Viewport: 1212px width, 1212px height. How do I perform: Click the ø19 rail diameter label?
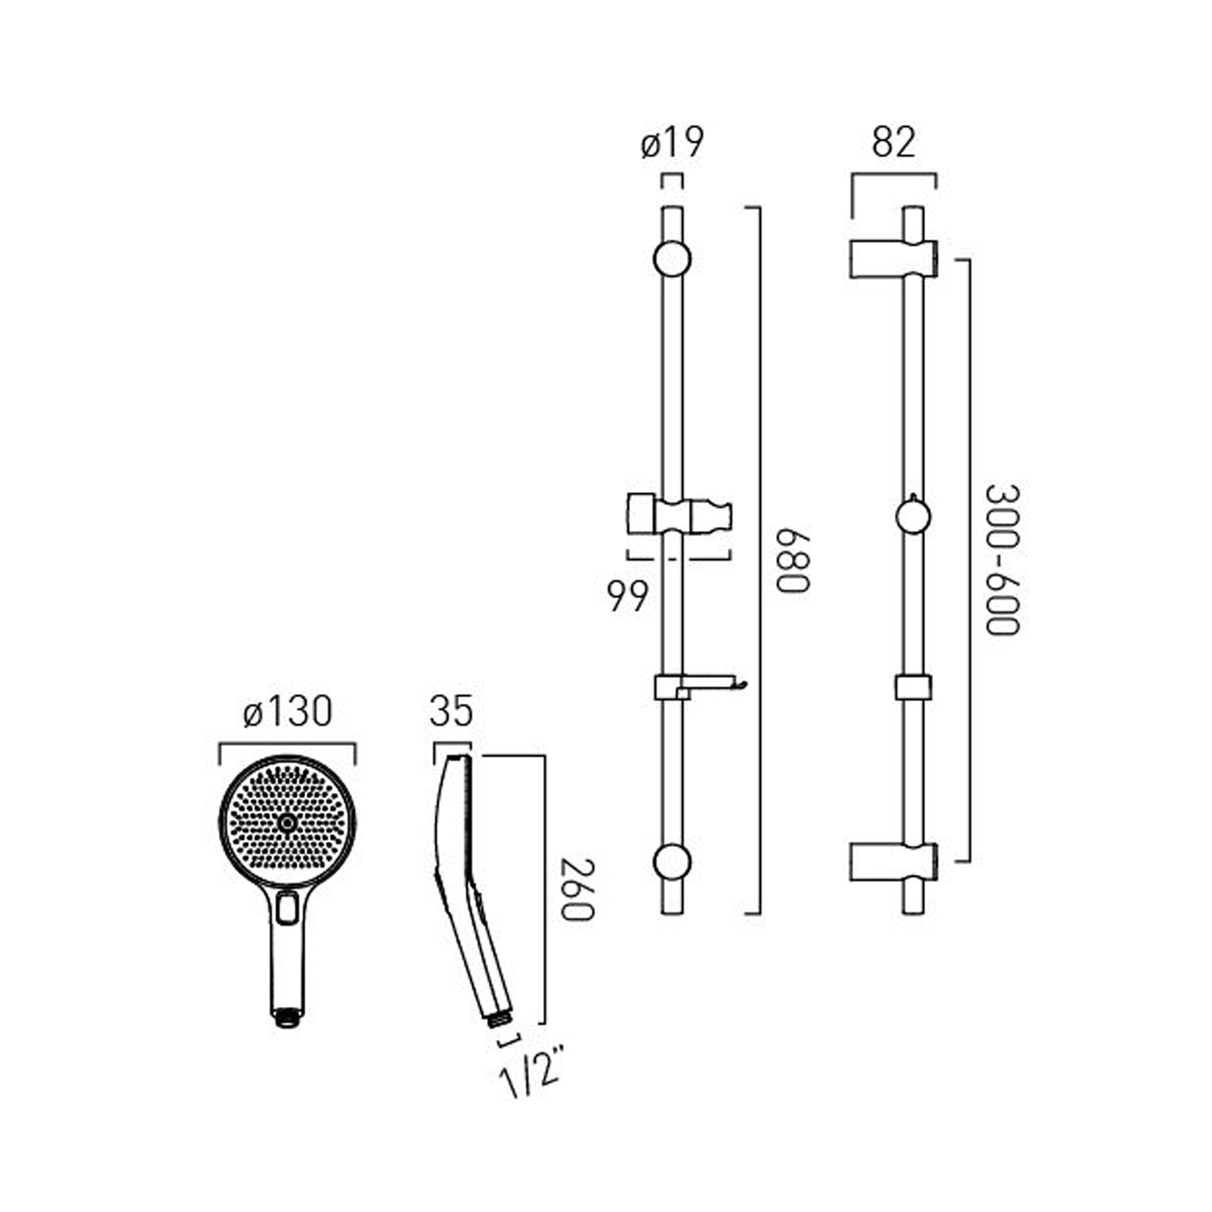coord(672,144)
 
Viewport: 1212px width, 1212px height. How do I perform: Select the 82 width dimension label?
coord(894,142)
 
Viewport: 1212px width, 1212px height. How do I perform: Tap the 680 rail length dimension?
coord(792,561)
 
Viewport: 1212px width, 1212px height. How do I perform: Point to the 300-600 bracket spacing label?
coord(1003,560)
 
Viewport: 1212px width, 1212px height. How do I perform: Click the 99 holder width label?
coord(628,596)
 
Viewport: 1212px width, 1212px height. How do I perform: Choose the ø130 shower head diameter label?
coord(288,712)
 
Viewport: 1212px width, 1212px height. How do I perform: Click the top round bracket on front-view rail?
coord(672,259)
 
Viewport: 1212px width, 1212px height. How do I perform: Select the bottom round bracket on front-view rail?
coord(672,862)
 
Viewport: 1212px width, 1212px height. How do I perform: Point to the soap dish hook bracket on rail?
coord(699,687)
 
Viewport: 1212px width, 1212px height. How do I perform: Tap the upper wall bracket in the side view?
coord(893,259)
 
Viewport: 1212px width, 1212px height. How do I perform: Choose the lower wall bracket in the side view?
coord(893,861)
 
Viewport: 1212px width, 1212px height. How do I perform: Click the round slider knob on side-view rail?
coord(913,516)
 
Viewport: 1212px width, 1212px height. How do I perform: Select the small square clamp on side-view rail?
coord(913,687)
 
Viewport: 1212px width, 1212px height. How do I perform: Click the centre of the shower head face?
coord(287,823)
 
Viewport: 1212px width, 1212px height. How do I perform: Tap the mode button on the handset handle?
coord(286,909)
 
